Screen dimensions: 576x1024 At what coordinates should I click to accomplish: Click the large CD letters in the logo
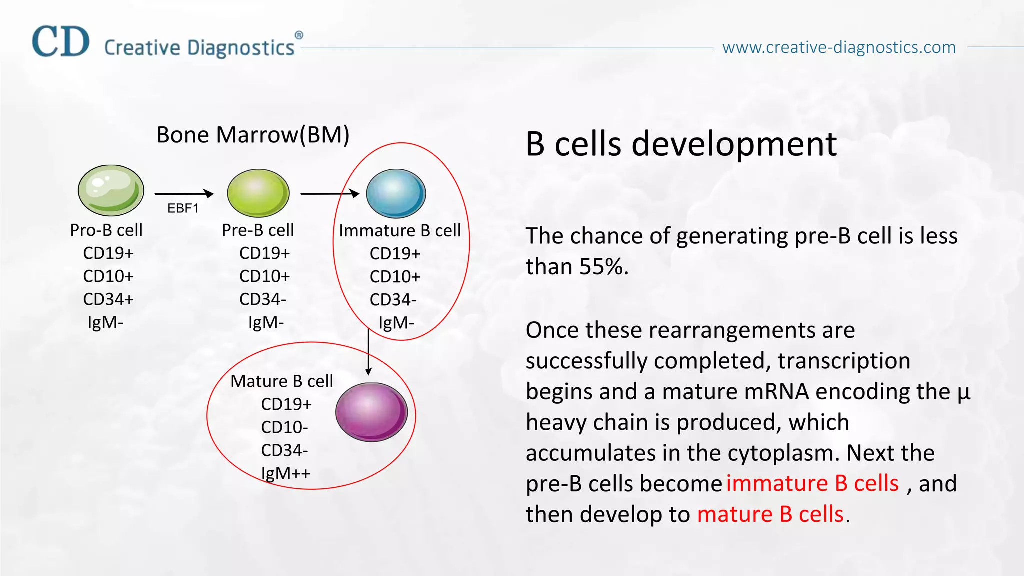[61, 42]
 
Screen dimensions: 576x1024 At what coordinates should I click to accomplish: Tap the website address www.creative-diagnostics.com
[839, 47]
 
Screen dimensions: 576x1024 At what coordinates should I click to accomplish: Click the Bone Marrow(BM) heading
[253, 135]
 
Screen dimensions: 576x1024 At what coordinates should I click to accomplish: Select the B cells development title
[681, 144]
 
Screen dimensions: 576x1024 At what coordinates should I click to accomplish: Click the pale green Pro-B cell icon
[111, 191]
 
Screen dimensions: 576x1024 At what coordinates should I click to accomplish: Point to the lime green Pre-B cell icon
[258, 193]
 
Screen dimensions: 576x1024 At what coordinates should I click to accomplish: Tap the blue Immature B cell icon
[396, 194]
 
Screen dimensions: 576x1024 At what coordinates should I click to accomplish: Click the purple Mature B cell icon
[371, 412]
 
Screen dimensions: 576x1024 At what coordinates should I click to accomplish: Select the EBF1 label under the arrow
[183, 208]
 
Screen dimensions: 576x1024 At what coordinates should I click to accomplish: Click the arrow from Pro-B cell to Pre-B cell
[184, 194]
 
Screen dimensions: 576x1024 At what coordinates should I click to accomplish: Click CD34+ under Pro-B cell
[108, 299]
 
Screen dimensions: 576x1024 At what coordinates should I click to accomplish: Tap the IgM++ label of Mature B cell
[285, 473]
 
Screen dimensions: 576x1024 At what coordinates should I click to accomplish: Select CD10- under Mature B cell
[284, 427]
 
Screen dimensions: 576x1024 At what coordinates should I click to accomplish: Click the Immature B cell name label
[400, 231]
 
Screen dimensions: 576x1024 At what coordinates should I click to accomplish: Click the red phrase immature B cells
[812, 483]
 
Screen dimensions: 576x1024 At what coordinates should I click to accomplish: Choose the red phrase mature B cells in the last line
[770, 514]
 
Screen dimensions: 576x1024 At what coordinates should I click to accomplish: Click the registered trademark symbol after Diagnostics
[299, 35]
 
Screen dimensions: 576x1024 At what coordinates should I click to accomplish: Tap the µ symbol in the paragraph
[963, 392]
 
